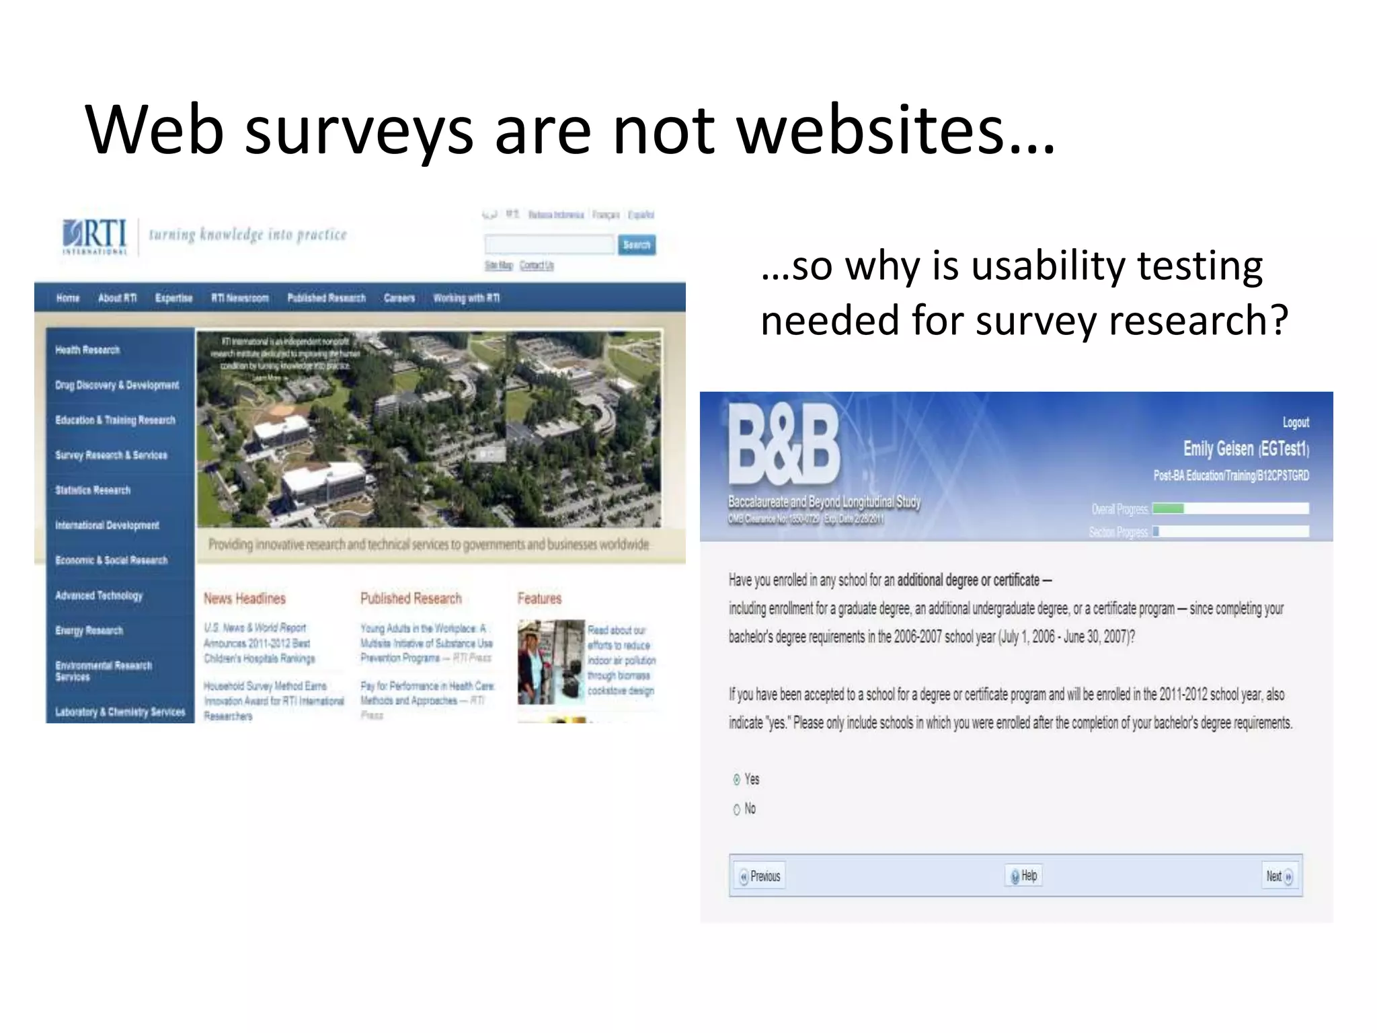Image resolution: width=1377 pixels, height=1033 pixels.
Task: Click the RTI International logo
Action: tap(95, 236)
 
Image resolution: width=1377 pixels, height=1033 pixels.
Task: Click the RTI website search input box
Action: tap(549, 245)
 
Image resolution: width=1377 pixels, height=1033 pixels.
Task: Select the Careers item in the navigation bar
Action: tap(399, 298)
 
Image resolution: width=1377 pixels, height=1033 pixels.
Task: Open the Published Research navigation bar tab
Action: tap(326, 298)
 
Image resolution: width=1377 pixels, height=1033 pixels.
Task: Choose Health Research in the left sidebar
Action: tap(87, 350)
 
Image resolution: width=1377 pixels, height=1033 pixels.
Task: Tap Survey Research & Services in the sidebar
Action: tap(111, 455)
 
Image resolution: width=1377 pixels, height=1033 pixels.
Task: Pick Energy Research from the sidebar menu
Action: tap(89, 631)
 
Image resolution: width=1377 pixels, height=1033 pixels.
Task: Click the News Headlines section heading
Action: tap(245, 599)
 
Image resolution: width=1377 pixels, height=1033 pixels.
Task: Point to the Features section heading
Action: tap(539, 599)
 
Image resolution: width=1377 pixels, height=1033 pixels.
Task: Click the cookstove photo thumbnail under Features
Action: tap(551, 662)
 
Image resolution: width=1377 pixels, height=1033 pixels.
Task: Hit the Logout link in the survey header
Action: tap(1295, 422)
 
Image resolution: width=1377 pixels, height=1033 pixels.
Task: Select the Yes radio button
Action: tap(737, 779)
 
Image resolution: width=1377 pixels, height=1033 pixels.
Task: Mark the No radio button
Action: tap(737, 809)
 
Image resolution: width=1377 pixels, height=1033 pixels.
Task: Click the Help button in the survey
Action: tap(1023, 876)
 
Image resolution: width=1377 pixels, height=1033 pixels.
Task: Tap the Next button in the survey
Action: tap(1279, 876)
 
